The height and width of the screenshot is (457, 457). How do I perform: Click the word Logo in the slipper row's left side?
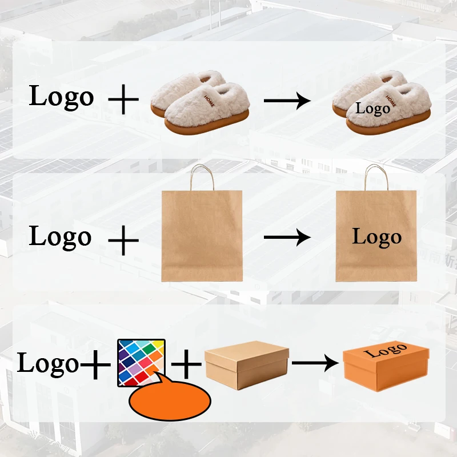coord(61,97)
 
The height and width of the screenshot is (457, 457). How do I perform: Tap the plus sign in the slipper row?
coord(123,101)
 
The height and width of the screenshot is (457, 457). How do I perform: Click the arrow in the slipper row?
coord(287,101)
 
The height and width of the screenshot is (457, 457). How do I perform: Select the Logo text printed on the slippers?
coord(372,108)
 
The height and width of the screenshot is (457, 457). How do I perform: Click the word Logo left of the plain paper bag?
coord(60,236)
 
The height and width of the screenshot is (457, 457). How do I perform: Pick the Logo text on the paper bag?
coord(376,236)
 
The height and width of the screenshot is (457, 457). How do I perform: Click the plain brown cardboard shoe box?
coord(247,365)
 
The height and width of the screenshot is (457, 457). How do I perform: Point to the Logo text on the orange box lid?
coord(386,350)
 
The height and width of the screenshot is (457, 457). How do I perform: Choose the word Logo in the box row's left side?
coord(48,363)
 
